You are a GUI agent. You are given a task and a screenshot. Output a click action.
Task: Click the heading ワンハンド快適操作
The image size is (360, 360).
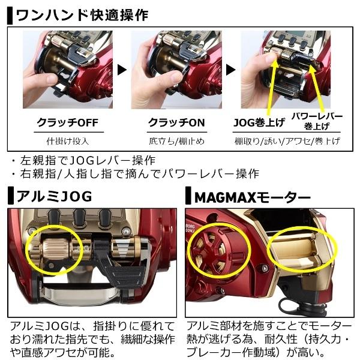pos(82,15)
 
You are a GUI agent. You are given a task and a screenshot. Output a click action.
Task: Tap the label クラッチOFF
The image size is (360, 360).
pos(68,122)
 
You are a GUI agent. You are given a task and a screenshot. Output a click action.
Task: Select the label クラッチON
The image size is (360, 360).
pos(176,122)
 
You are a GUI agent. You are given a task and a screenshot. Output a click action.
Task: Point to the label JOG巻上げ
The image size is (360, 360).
pos(259,122)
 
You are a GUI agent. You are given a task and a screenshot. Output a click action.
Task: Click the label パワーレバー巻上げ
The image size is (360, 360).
pos(317,121)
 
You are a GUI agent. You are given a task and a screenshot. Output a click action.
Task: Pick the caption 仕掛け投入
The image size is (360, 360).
pos(68,141)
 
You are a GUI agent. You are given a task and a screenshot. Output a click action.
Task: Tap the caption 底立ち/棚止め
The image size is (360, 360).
pos(176,141)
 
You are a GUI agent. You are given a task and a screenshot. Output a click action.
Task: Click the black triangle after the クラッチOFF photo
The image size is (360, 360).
pos(122,70)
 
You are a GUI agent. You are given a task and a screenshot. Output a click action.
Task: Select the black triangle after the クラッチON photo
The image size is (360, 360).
pos(230,70)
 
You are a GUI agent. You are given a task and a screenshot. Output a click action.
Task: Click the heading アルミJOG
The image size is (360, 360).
pos(54,196)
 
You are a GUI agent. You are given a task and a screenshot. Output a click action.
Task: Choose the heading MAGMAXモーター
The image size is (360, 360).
pos(253,197)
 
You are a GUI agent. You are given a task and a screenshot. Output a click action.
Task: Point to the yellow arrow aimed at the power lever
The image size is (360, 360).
pos(317,88)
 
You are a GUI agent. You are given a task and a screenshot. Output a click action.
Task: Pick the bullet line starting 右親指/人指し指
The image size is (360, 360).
pos(136,173)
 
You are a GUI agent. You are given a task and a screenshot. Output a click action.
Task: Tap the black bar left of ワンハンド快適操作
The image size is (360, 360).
pos(10,16)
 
